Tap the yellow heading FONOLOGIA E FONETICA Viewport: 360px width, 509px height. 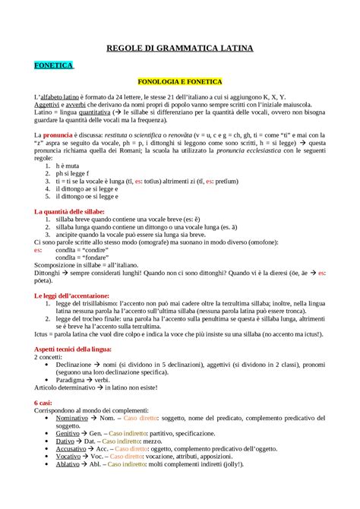pyautogui.click(x=179, y=81)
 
